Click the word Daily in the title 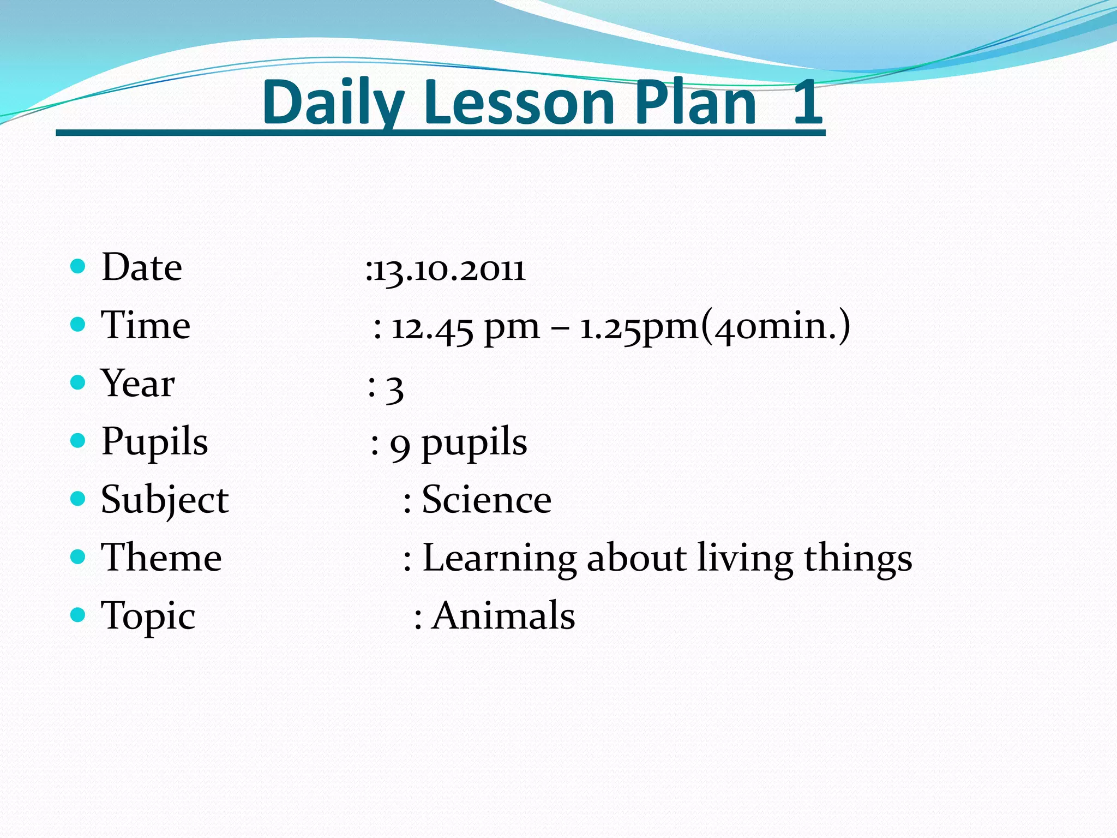[x=333, y=103]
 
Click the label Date [x=142, y=267]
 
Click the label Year [x=138, y=384]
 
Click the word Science [x=487, y=500]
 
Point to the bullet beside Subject [x=79, y=499]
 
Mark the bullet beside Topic [x=79, y=615]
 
